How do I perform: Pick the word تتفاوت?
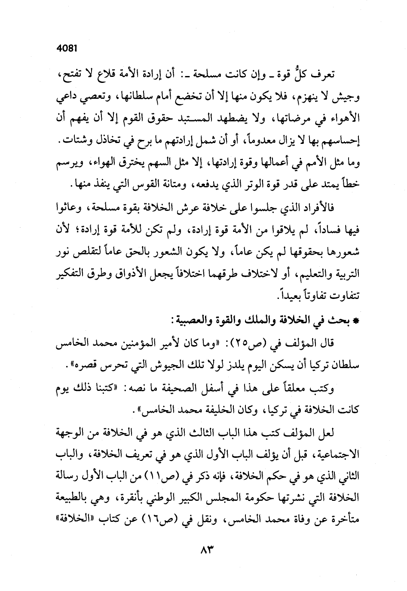[345, 296]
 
